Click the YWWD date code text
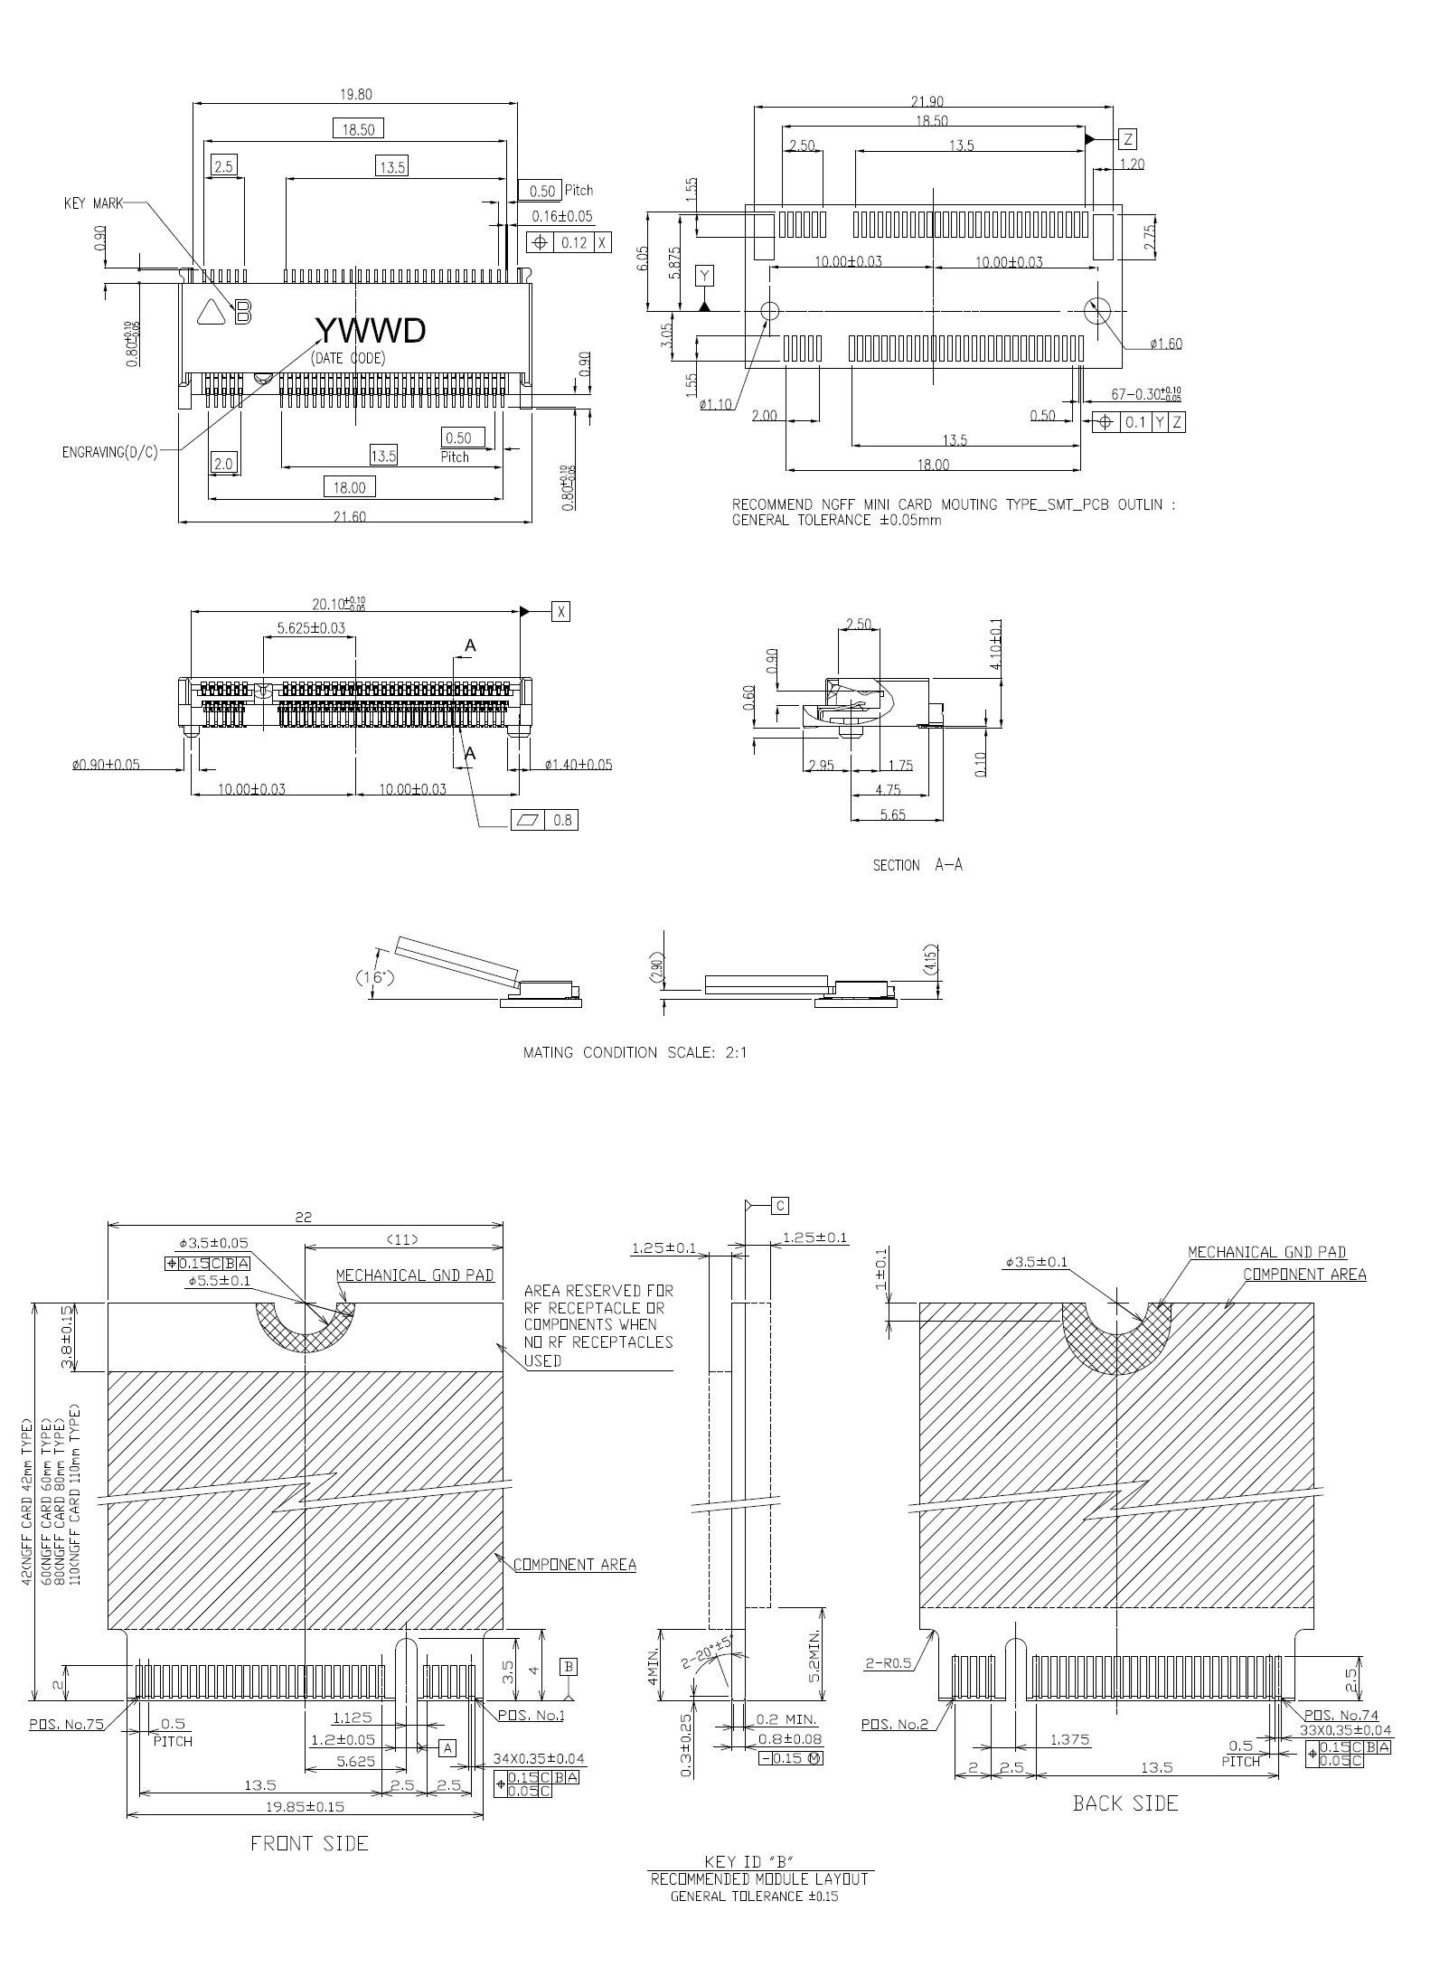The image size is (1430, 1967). [370, 332]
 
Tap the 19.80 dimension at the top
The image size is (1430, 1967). [356, 94]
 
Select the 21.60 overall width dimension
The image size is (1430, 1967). [350, 516]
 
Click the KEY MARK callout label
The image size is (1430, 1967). [93, 203]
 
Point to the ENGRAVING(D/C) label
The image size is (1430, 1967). [109, 452]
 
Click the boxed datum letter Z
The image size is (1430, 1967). [1128, 139]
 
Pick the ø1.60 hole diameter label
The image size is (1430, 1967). [1166, 344]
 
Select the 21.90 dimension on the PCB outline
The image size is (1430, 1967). [935, 101]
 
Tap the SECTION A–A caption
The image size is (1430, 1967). [917, 865]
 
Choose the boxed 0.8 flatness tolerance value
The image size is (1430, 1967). [562, 821]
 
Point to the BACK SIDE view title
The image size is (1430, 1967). [1125, 1803]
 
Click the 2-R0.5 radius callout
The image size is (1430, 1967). [888, 1664]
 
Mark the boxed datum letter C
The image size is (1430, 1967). [781, 1205]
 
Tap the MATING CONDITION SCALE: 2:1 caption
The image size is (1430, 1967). [635, 1052]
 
